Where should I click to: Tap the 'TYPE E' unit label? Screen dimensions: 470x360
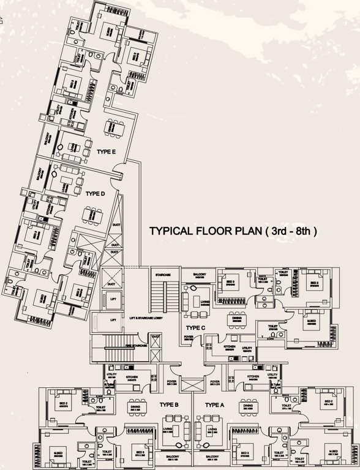point(106,151)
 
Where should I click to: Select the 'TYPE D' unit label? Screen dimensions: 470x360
point(96,193)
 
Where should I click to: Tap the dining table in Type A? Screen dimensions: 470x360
point(247,414)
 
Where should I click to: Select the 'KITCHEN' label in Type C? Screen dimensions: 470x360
point(229,346)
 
